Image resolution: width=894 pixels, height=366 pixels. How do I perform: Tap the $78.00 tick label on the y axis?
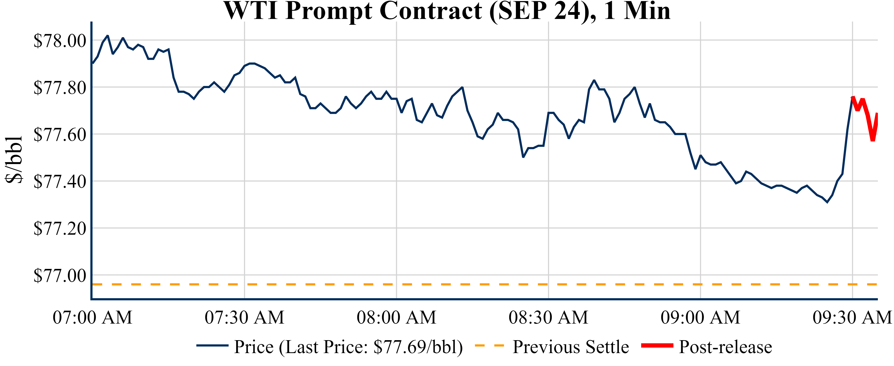click(60, 41)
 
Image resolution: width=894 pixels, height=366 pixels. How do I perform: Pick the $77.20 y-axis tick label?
click(60, 228)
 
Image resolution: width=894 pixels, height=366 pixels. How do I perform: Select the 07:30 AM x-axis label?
click(244, 317)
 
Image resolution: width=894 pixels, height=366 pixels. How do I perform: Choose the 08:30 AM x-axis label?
click(548, 317)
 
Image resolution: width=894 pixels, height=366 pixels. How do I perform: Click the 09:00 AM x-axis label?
click(700, 317)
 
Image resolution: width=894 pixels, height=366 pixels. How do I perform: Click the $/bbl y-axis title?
click(14, 160)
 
